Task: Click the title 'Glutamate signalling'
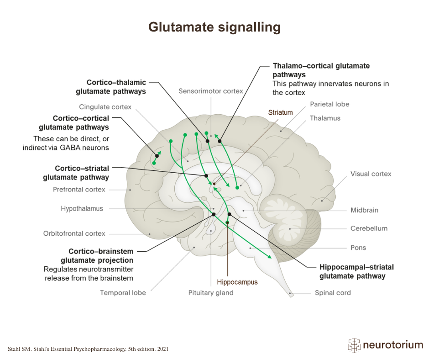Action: [214, 27]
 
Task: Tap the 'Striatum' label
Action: [280, 112]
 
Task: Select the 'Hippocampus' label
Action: [237, 282]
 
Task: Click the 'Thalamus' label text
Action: [325, 118]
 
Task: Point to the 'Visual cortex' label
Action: [371, 174]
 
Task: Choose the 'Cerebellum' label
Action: [369, 228]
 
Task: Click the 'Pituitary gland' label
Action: [211, 293]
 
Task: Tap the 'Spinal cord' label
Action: [333, 292]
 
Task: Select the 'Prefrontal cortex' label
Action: [79, 189]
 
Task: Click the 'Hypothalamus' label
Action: [82, 208]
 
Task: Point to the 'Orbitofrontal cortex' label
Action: [74, 233]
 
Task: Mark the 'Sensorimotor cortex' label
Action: [211, 91]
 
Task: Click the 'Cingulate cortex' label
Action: [105, 107]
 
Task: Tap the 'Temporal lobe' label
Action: [123, 293]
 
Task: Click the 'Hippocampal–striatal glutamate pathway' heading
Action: [356, 271]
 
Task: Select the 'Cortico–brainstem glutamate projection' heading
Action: [101, 256]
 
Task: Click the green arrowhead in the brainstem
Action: [269, 257]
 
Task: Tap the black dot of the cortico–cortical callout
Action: [157, 156]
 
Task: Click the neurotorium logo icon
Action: [354, 345]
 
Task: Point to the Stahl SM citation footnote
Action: [88, 349]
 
